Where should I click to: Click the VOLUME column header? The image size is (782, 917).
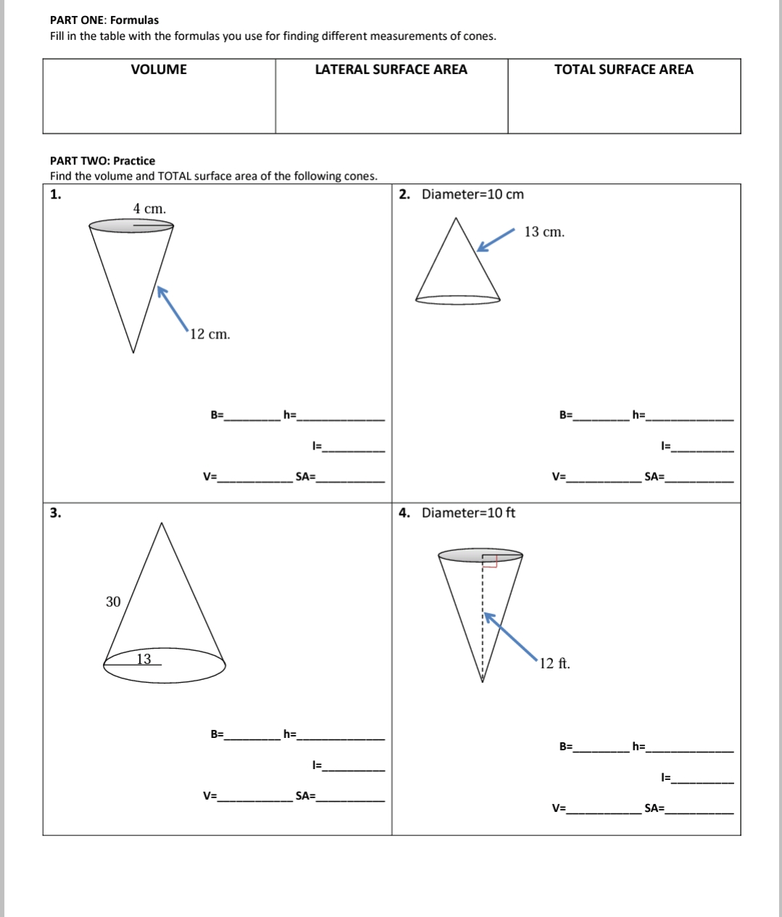coord(159,70)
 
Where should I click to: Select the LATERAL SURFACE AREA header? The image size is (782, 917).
coord(391,70)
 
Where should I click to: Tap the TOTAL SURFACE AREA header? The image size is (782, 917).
coord(623,70)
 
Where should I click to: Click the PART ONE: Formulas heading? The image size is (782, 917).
coord(104,20)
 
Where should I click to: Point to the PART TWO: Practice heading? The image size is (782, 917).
coord(102,161)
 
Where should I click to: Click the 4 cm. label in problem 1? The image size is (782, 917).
coord(149,209)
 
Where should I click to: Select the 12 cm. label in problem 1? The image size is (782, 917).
coord(210,334)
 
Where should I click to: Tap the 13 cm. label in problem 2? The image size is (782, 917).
coord(544,232)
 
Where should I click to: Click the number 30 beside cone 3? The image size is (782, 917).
coord(113,602)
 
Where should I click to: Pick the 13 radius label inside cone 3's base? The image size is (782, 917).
coord(144,659)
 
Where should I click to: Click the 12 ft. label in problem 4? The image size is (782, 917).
coord(554,663)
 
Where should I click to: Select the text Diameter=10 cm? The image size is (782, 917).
coord(473,194)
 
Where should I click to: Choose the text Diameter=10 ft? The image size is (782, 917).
coord(468,513)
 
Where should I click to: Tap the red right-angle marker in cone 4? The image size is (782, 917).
coord(490,562)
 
